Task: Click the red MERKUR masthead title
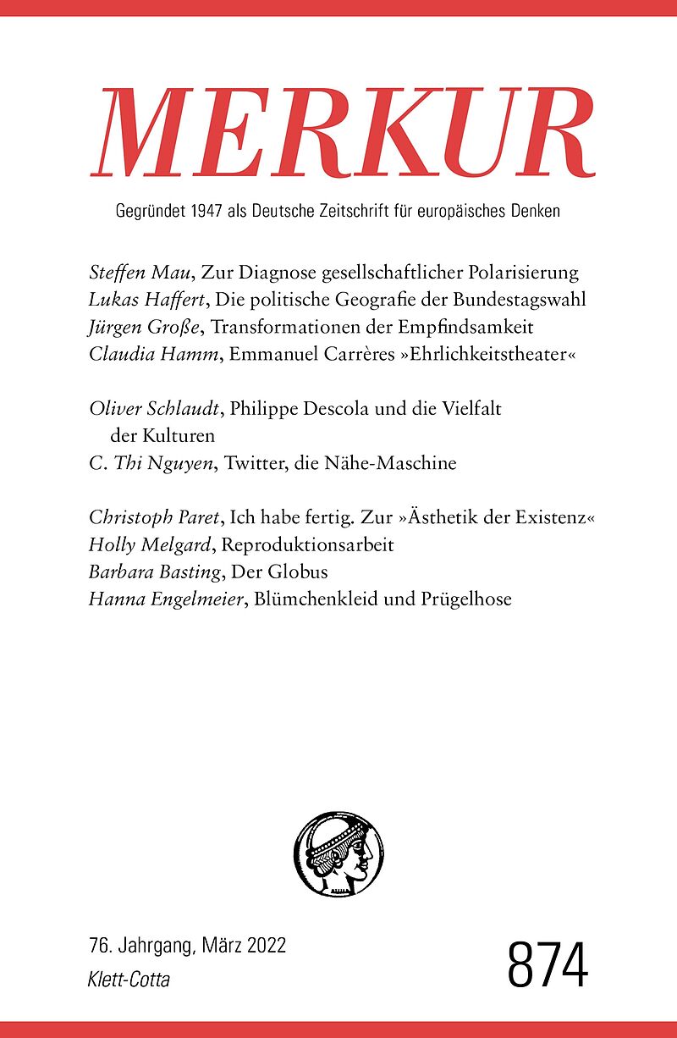[x=342, y=133]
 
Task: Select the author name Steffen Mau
[x=140, y=273]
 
